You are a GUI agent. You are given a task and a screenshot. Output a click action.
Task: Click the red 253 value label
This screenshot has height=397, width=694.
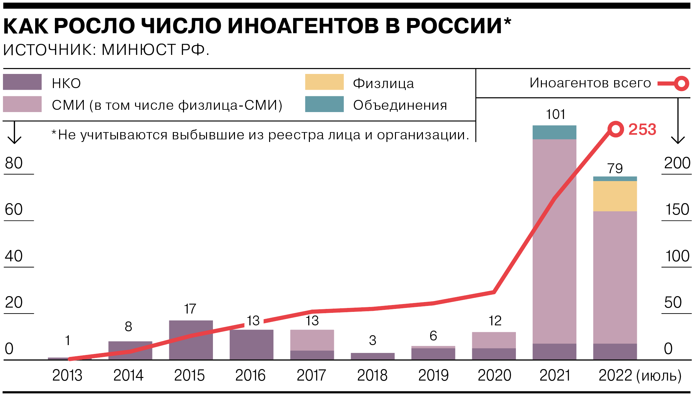point(642,129)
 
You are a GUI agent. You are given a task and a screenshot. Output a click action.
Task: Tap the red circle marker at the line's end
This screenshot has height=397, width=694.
point(615,129)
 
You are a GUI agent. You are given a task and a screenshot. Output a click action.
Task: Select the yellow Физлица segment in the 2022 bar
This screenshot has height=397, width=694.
point(615,196)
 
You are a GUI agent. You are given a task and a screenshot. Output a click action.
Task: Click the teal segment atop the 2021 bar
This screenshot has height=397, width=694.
point(554,132)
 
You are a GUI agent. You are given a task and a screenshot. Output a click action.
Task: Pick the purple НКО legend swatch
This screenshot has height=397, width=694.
point(22,82)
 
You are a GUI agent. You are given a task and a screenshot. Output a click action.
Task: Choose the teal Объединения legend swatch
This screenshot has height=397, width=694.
point(324,104)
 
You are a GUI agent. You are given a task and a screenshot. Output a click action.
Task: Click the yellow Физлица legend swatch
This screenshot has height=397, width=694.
point(324,82)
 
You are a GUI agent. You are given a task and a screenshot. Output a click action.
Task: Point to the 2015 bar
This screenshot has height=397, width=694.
point(191,340)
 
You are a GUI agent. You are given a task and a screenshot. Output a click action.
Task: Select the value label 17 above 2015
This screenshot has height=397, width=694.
point(190,309)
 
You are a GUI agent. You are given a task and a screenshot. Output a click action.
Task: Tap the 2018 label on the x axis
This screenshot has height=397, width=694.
point(372,375)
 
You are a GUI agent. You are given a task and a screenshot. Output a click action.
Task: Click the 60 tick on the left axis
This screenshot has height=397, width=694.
point(14,210)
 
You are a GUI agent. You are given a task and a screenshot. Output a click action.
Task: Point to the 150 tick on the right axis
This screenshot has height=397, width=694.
point(677,210)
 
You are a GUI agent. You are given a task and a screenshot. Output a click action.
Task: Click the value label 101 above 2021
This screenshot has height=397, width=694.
point(555,114)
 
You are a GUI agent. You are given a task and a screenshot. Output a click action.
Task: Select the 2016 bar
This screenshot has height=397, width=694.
point(251,344)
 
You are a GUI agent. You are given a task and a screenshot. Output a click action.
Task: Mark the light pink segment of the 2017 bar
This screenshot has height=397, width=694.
point(312,340)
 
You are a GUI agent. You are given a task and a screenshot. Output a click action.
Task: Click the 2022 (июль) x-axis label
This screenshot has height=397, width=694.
point(640,375)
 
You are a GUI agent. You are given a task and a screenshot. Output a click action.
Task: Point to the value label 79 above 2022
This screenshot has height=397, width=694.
point(615,169)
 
